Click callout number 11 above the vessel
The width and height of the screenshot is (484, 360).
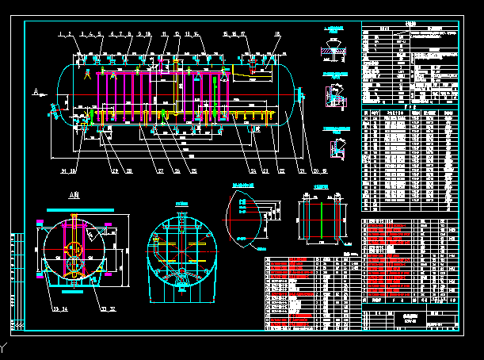click(x=164, y=34)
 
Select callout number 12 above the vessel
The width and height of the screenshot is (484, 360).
click(x=177, y=34)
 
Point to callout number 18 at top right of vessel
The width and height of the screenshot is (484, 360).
click(x=276, y=34)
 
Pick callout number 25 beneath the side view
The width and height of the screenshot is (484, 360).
click(x=196, y=171)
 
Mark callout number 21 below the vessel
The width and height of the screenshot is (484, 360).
click(x=303, y=171)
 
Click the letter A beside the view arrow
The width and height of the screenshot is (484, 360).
click(x=36, y=93)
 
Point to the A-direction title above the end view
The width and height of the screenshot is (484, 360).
click(x=74, y=195)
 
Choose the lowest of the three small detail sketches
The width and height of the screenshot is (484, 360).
click(x=337, y=144)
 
